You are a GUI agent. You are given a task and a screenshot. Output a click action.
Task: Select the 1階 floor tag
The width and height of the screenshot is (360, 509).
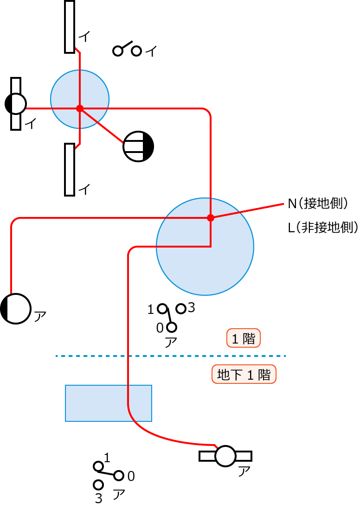244,338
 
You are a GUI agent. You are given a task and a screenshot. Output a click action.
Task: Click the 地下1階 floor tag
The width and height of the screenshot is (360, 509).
244,375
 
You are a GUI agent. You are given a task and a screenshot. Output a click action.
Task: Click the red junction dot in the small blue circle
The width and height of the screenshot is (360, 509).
80,108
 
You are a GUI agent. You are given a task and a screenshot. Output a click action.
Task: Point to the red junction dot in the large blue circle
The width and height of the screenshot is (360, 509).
210,217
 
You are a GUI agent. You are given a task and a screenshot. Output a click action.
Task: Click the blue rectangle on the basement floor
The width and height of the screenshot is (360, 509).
109,403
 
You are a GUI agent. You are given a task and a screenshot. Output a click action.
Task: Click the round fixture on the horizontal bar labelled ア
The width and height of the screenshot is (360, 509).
226,456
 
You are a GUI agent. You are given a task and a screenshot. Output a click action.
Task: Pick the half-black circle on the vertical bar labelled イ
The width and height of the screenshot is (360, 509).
16,104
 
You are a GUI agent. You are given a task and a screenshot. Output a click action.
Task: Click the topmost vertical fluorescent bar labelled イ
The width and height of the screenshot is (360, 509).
70,26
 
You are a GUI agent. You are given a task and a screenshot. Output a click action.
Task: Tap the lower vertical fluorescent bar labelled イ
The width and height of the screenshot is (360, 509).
70,169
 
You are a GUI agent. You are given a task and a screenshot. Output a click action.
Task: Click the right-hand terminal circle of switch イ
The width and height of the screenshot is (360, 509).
136,51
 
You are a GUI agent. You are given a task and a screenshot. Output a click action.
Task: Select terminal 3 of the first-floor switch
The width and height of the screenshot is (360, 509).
181,308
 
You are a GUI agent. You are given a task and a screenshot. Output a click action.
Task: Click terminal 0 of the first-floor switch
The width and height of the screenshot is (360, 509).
172,327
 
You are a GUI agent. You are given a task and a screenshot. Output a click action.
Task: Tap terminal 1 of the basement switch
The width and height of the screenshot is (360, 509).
98,466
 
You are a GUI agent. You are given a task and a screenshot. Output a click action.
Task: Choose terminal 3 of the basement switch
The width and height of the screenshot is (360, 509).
98,485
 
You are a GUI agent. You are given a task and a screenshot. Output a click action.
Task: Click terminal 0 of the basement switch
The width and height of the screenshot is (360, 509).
119,476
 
